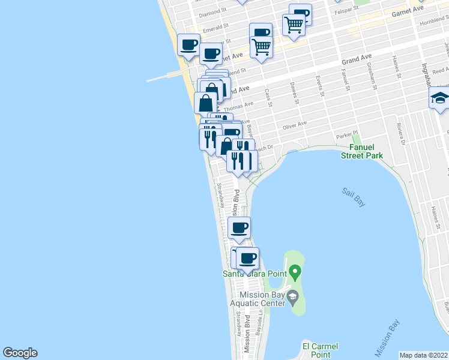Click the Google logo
click(x=20, y=353)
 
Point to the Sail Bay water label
click(x=354, y=197)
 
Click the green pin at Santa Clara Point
click(x=294, y=272)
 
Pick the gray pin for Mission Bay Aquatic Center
click(x=292, y=296)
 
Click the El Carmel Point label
click(x=320, y=350)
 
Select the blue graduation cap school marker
click(x=440, y=98)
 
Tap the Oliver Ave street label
click(x=294, y=124)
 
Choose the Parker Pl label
click(x=346, y=135)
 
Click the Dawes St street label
click(x=294, y=92)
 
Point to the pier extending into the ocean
click(x=164, y=76)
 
